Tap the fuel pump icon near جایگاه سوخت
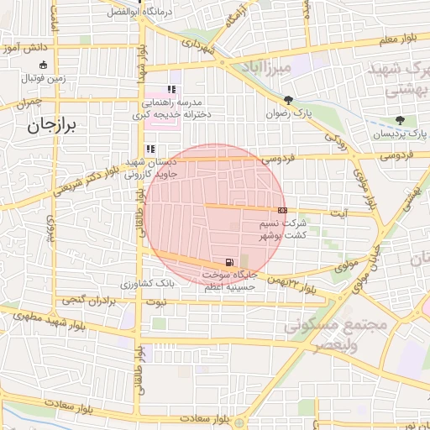[229, 261]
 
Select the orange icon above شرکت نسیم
[281, 210]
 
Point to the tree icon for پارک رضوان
[289, 99]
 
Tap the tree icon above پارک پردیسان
[400, 120]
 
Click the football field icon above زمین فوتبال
[44, 65]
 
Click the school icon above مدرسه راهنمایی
[171, 89]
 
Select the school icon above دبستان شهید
[150, 149]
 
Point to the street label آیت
[339, 213]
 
